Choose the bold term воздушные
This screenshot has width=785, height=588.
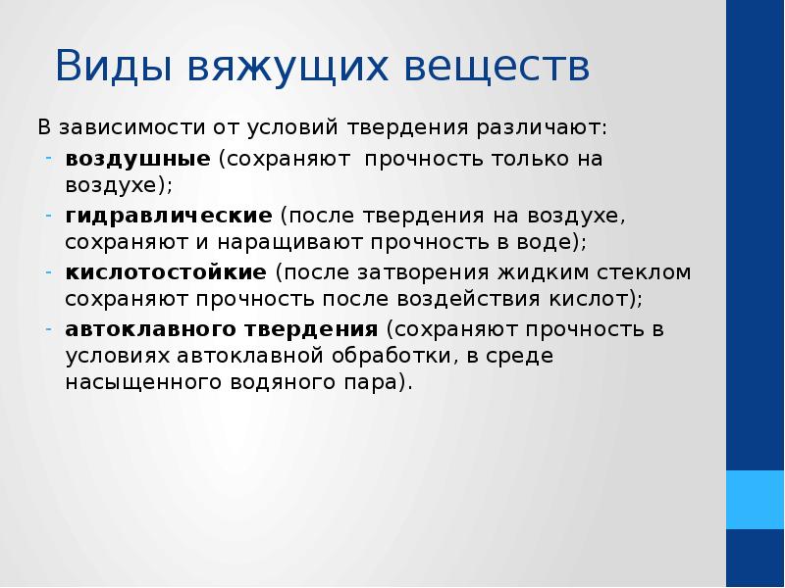[x=137, y=159]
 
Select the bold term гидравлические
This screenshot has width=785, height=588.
[x=168, y=214]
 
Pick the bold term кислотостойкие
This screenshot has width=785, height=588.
[x=166, y=271]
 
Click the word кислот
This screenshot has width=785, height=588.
[x=602, y=298]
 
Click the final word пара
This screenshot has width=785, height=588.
[x=377, y=382]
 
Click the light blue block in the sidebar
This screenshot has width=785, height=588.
[x=755, y=500]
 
